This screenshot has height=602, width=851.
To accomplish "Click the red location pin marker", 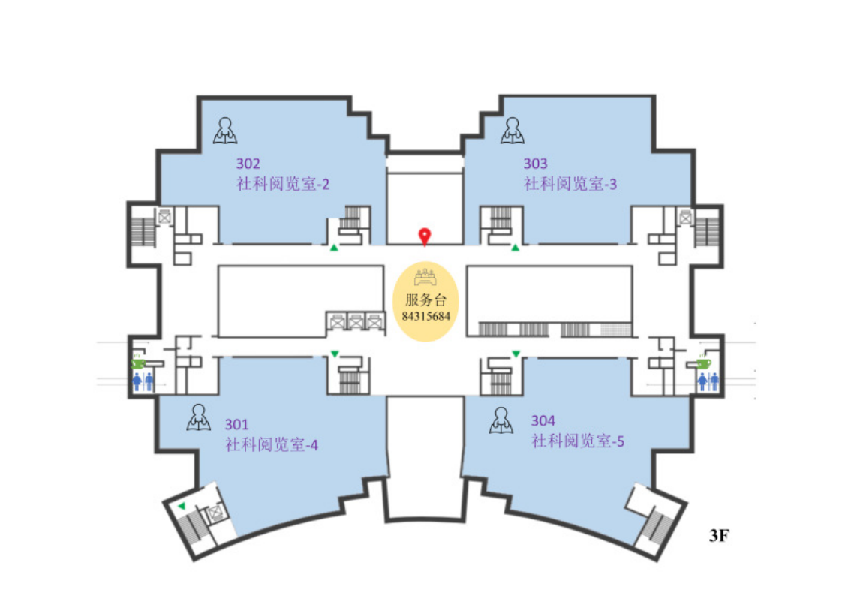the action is coord(425,236).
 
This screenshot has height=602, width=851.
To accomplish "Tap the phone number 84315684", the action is coord(425,316).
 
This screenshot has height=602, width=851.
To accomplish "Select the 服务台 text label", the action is coord(425,300).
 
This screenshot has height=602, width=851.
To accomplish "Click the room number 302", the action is coord(248,163).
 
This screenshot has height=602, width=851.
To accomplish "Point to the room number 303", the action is coord(535,163).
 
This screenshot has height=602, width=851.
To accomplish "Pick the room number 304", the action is coord(543,420).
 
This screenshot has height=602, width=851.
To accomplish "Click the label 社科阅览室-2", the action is coord(284,184).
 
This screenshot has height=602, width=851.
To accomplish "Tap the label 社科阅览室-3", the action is coord(570,184).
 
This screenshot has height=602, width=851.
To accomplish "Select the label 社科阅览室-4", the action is coord(272,445).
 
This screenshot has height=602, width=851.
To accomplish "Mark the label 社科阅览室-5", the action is coord(579,441).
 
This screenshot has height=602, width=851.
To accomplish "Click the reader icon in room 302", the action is coord(225,131).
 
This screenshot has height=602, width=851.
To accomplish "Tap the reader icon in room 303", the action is coord(513,131).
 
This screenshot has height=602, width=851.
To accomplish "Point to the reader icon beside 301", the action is coord(198,417).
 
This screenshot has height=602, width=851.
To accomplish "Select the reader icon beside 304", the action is coord(501,421).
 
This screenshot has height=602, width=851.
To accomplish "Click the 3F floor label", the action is coord(720,536).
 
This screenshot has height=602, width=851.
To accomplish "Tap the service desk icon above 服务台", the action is coord(425,278).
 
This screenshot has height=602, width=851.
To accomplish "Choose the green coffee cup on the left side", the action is coord(139,363).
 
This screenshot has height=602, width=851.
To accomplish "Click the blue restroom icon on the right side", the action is coord(708,381).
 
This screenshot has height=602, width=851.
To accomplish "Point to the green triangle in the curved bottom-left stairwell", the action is coord(181,507).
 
